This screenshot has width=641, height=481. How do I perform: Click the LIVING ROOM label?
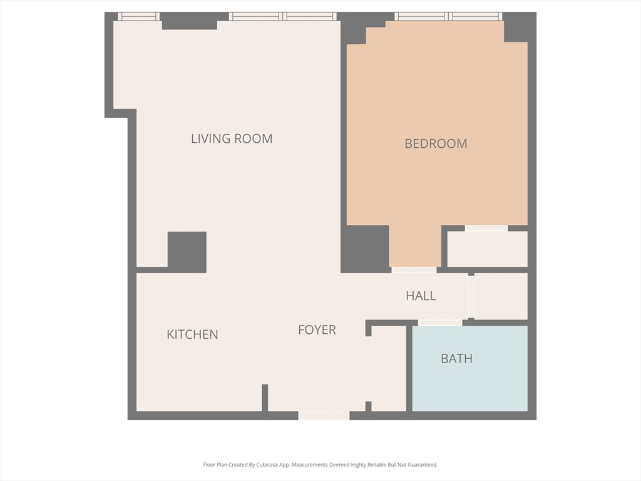point(232,138)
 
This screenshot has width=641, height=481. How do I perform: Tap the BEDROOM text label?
point(436,143)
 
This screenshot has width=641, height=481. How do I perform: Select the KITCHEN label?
point(192,334)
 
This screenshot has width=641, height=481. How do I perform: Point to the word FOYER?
point(317,329)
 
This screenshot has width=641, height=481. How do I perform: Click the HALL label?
point(421,296)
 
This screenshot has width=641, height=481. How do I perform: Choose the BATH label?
point(456,359)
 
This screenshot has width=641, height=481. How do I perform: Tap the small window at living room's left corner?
point(138,17)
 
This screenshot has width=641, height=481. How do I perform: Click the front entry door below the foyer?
point(324,415)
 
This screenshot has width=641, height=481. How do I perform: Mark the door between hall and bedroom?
point(414,270)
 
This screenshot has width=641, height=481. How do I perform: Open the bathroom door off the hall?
point(440,323)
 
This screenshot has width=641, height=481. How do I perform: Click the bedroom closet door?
point(486,229)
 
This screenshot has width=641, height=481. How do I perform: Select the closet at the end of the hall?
point(501,296)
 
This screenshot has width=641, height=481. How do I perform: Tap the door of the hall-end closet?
point(471,296)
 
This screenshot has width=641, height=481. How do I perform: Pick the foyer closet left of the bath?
point(389,368)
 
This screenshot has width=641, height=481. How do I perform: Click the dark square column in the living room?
point(187,252)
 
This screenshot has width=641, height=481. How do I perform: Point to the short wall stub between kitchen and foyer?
point(265,397)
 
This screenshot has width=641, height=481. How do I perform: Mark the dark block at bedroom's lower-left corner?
point(365,248)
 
